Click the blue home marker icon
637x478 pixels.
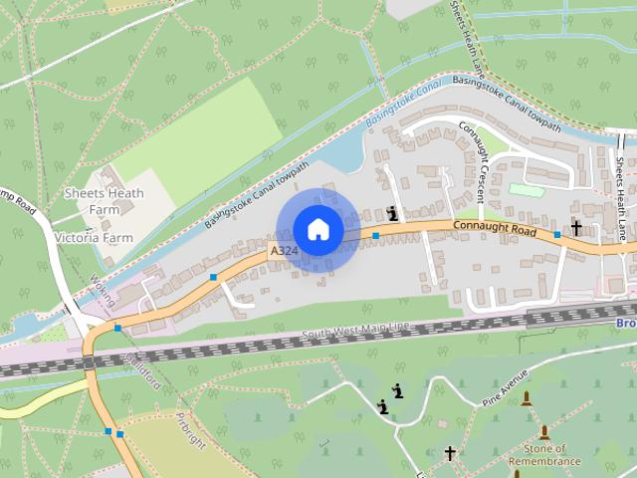[x=318, y=230]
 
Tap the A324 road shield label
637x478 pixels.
[x=282, y=253]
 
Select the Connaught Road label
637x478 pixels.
[x=495, y=229]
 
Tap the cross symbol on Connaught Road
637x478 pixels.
[x=575, y=228]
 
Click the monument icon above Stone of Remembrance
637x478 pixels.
[x=543, y=433]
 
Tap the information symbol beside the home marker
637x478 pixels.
[x=394, y=212]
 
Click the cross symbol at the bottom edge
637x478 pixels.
[x=450, y=454]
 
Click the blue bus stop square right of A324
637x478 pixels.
[x=376, y=236]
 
